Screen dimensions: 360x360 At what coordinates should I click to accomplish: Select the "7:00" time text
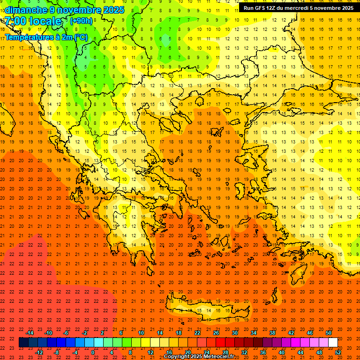click(15, 21)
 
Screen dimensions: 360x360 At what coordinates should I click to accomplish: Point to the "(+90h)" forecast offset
click(81, 21)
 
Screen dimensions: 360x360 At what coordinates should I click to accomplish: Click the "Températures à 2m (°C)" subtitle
click(46, 37)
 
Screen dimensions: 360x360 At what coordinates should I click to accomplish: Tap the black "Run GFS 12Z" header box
click(298, 8)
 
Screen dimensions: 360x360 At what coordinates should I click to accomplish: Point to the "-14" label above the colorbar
click(30, 333)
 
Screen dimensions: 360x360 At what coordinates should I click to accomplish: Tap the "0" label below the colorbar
click(93, 352)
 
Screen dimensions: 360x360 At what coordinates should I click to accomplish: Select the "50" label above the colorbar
click(328, 333)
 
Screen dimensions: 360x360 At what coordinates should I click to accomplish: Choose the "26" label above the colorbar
click(216, 333)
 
